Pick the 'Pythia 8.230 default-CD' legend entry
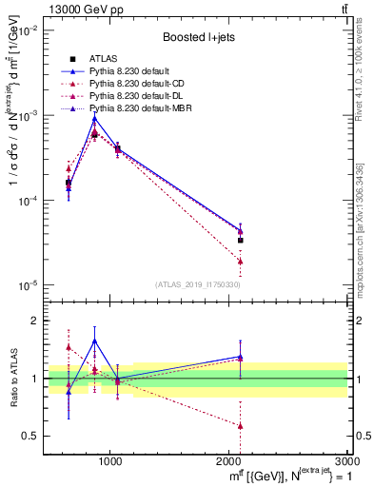(139, 83)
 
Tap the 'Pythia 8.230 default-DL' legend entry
(139, 95)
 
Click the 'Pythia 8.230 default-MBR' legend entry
(143, 107)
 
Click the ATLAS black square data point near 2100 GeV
(240, 241)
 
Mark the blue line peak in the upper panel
(94, 118)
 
